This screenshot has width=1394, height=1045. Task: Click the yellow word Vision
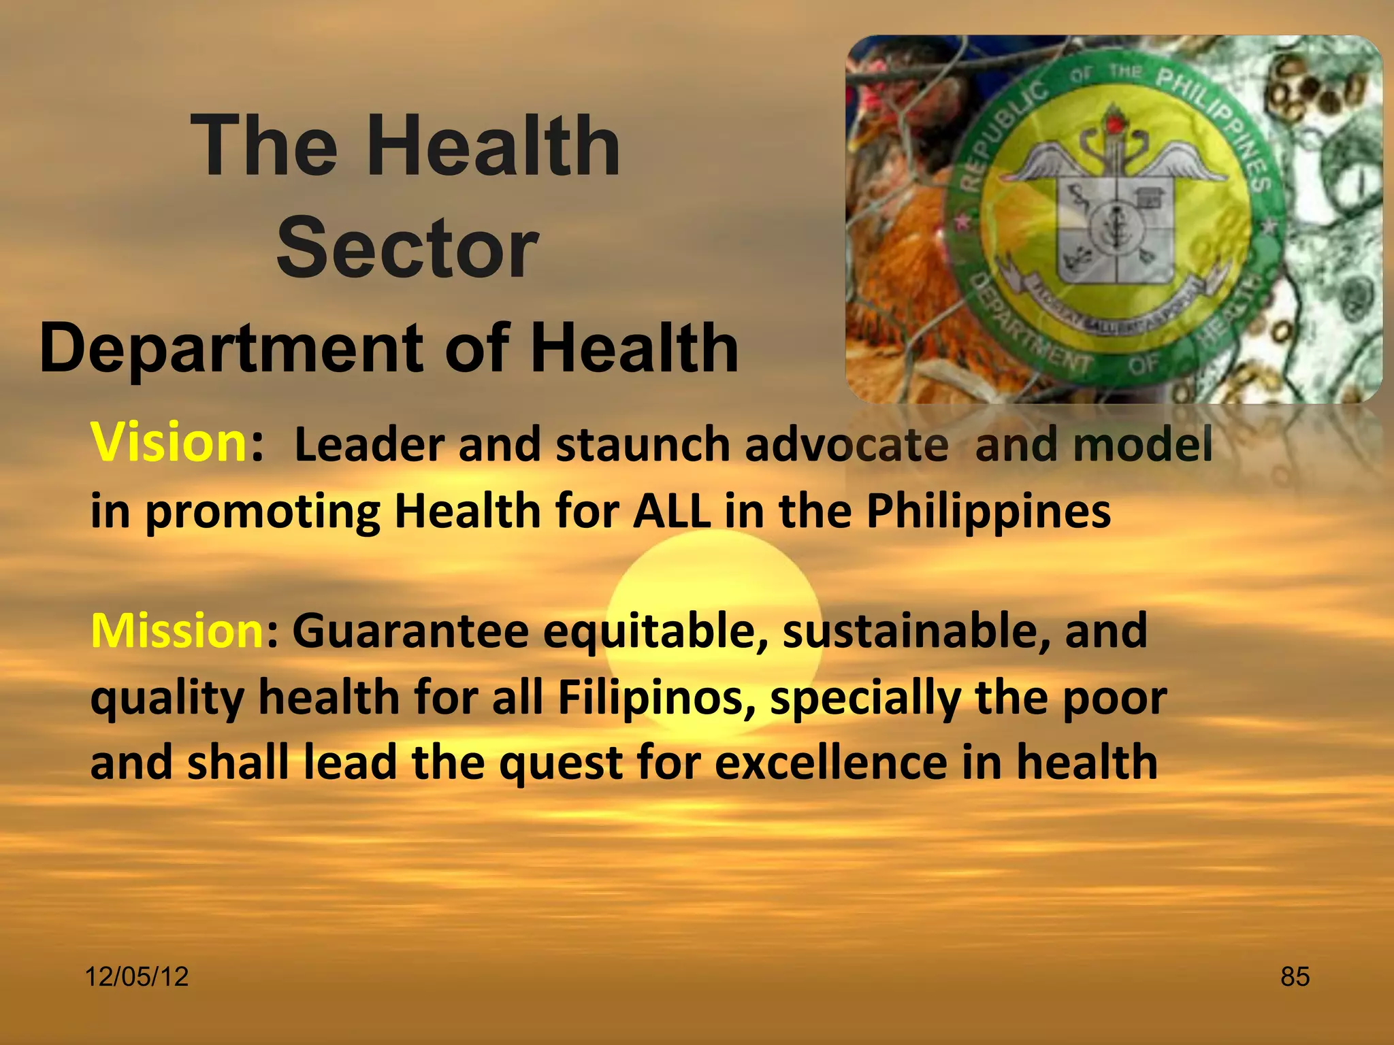click(x=168, y=443)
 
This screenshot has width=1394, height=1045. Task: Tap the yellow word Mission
click(x=177, y=631)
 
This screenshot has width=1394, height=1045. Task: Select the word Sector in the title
click(x=408, y=248)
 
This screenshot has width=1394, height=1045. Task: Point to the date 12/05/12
click(x=136, y=977)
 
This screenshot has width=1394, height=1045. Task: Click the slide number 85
click(x=1295, y=977)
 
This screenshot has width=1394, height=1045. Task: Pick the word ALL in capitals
click(x=671, y=512)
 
